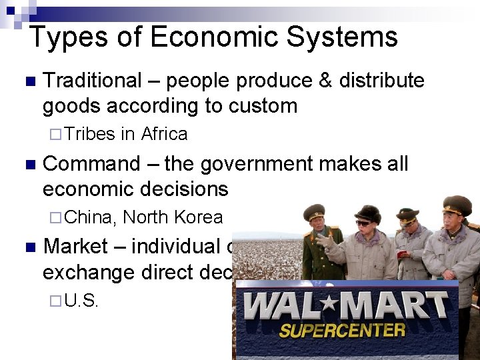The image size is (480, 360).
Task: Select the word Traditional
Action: click(92, 81)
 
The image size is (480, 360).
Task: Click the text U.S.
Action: click(83, 301)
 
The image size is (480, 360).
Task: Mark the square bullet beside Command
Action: click(27, 165)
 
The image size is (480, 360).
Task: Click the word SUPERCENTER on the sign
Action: click(342, 330)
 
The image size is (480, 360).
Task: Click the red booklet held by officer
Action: click(404, 254)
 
